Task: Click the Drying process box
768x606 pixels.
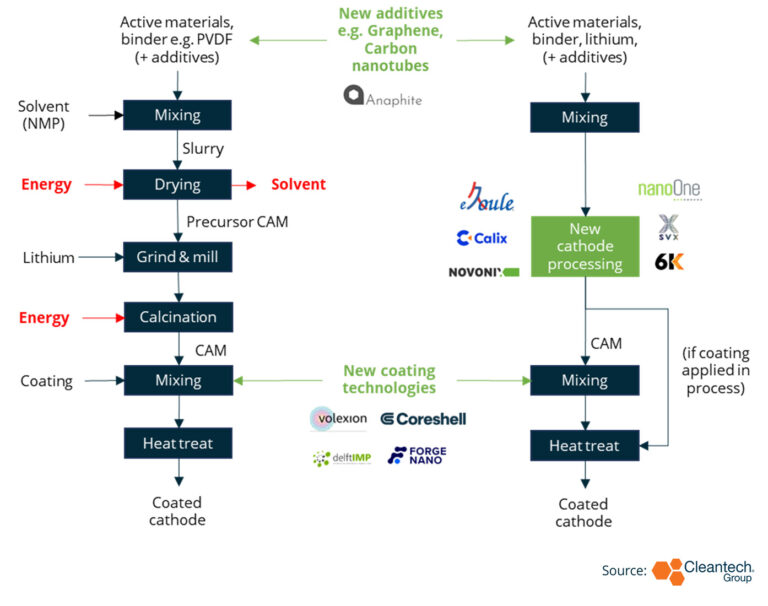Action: (x=177, y=184)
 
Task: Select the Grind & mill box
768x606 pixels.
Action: (x=177, y=257)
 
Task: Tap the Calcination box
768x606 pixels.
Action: (x=178, y=317)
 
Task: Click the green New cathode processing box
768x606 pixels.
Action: (x=585, y=246)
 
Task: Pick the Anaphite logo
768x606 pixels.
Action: (x=383, y=96)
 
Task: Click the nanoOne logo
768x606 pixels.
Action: (x=670, y=190)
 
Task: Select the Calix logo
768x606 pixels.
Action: (x=482, y=238)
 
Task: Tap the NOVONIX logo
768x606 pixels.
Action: (x=484, y=272)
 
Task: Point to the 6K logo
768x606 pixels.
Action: (x=669, y=262)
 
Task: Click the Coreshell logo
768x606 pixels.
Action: (x=424, y=419)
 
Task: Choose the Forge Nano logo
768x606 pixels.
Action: (x=417, y=456)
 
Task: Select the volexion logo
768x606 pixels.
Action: (x=338, y=418)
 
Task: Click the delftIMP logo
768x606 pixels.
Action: (x=342, y=458)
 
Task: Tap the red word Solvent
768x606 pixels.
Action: (x=298, y=184)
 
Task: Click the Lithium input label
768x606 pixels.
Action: (x=48, y=258)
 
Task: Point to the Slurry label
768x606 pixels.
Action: (x=203, y=148)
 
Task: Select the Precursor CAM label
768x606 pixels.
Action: (x=237, y=222)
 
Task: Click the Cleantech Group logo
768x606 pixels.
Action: (x=703, y=572)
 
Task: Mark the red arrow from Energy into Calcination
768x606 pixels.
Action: (x=103, y=318)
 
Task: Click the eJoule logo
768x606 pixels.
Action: (x=487, y=197)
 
